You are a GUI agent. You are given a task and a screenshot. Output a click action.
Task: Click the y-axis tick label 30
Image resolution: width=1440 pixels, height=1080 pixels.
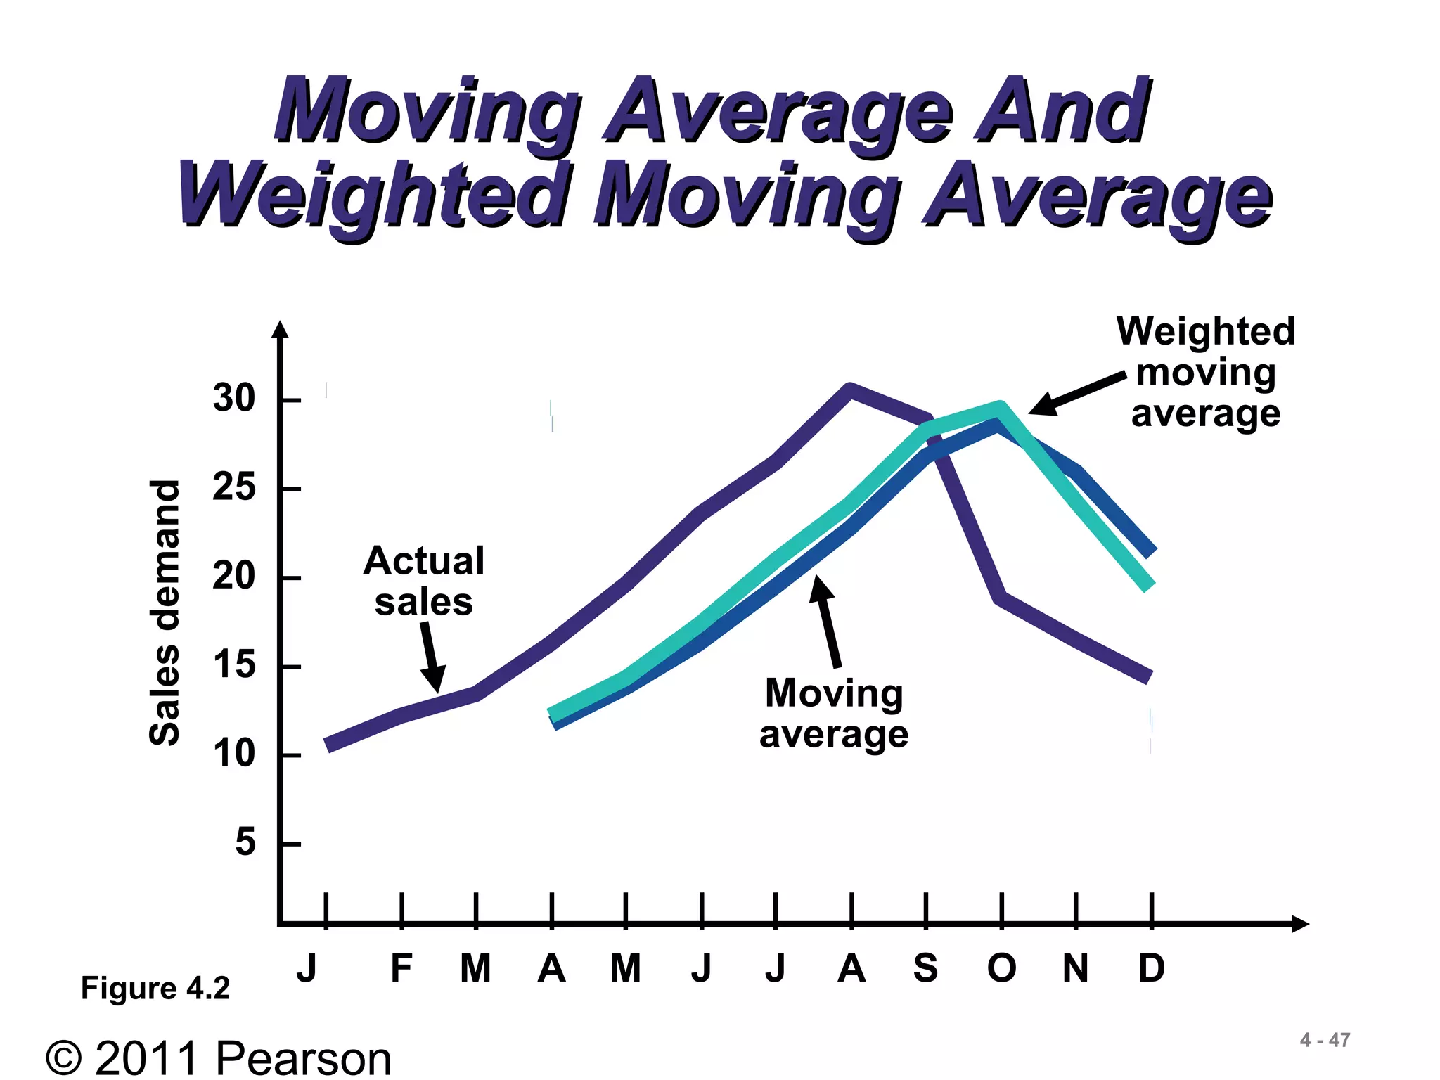(234, 399)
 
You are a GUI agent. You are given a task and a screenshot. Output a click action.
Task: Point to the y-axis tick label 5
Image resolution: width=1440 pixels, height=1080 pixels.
(245, 842)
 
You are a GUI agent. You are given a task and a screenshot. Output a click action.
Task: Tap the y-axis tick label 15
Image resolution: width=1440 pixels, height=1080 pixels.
(234, 665)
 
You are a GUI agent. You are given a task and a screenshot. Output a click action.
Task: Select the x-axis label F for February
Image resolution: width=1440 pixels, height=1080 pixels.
(401, 968)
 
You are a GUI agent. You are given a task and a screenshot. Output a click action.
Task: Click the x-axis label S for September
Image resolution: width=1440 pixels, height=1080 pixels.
(925, 968)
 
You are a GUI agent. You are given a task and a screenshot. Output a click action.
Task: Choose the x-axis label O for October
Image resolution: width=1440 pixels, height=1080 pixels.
(1001, 968)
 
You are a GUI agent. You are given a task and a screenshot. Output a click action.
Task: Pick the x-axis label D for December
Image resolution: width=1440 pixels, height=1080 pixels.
(1151, 968)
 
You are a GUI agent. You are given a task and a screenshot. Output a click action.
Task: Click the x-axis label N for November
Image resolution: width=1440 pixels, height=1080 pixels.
(1075, 968)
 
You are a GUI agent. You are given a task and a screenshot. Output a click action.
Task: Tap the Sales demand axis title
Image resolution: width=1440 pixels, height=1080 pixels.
(165, 612)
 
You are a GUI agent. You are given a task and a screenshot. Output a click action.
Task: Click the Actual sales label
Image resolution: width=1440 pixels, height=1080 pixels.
(424, 581)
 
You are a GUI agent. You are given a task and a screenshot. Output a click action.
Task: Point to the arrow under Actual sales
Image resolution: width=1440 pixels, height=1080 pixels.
(431, 655)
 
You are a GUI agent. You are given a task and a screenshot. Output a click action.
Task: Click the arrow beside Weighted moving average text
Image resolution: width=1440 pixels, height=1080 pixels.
(1076, 394)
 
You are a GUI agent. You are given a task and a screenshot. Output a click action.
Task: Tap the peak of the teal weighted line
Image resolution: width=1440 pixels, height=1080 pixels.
(1000, 407)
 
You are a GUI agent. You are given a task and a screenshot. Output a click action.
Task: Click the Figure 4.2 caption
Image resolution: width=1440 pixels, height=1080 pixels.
(155, 988)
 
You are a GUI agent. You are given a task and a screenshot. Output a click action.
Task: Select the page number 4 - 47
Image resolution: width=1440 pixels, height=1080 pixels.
(1325, 1040)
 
